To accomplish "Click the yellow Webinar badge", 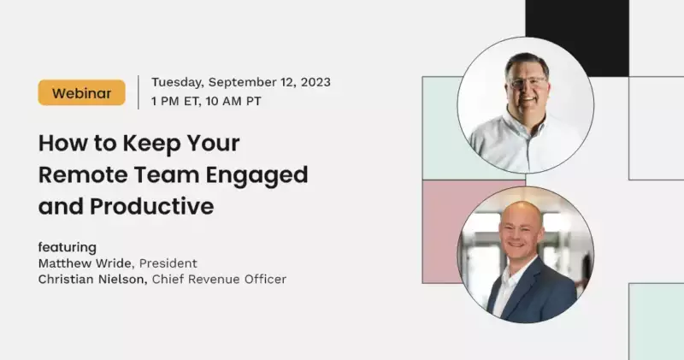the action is coord(81,92).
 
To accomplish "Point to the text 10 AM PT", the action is coord(233,101).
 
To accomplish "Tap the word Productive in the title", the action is coord(152,206).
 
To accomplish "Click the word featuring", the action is coord(68,247).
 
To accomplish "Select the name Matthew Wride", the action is coord(85,263).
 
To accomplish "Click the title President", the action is coord(168,263).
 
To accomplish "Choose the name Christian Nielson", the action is coord(91,280).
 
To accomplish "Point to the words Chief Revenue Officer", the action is coord(219,280).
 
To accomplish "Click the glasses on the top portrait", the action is coord(528,82).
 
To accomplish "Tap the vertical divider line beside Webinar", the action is coord(139,92).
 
